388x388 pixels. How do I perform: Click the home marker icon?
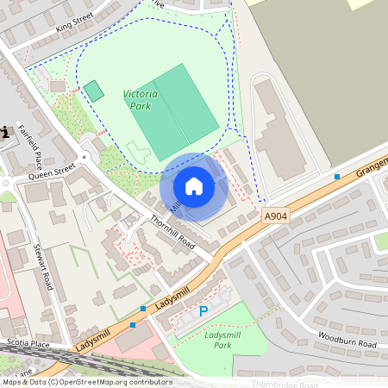click(194, 186)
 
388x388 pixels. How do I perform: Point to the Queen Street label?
click(53, 173)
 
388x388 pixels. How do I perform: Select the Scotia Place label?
click(23, 342)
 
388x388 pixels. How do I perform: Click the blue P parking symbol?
click(203, 311)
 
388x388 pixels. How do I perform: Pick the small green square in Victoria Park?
click(93, 91)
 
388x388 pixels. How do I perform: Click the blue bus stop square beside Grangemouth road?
click(337, 176)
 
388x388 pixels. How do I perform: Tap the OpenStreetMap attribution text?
click(86, 382)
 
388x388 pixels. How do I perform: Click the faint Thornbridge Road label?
click(285, 384)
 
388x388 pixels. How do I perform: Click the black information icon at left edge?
click(4, 132)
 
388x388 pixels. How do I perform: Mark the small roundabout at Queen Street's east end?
click(84, 158)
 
